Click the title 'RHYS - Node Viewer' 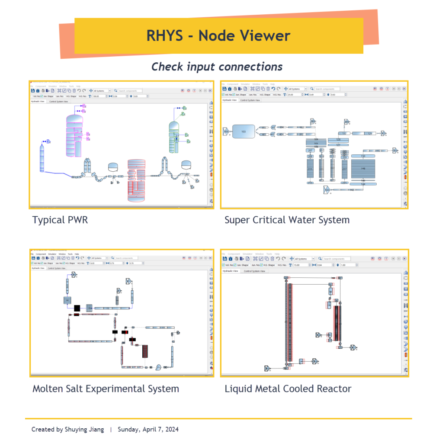218,35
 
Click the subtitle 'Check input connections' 217,67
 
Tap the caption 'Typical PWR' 60,220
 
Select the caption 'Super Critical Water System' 287,220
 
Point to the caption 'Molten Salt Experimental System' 106,388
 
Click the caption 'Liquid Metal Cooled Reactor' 288,388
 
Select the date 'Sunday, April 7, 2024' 148,430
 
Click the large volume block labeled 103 244,131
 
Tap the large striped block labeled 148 363,169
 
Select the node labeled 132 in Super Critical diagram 344,133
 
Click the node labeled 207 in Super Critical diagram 310,151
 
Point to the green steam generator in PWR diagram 174,138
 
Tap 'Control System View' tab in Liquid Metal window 254,271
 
